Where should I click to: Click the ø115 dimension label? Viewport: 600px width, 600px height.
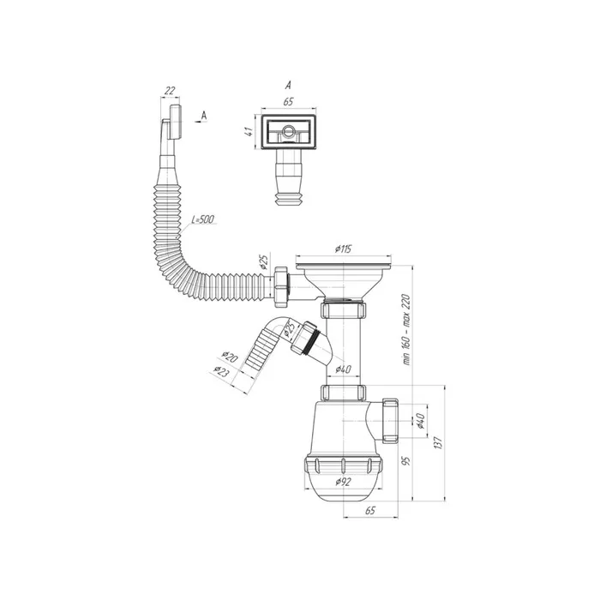click(x=343, y=249)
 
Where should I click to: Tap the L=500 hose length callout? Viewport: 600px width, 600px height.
click(x=202, y=219)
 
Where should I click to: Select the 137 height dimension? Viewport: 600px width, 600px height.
click(x=439, y=442)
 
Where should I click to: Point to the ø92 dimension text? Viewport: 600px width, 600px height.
click(x=343, y=482)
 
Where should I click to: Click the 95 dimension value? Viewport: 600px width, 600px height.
click(x=407, y=460)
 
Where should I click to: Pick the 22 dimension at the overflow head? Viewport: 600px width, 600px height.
click(x=170, y=90)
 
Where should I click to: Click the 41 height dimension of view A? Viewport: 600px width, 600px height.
click(x=249, y=131)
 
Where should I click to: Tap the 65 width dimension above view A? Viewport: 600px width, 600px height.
click(x=288, y=102)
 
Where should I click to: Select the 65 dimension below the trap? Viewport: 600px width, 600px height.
click(x=370, y=510)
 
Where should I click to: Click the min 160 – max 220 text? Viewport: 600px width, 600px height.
click(x=406, y=329)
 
